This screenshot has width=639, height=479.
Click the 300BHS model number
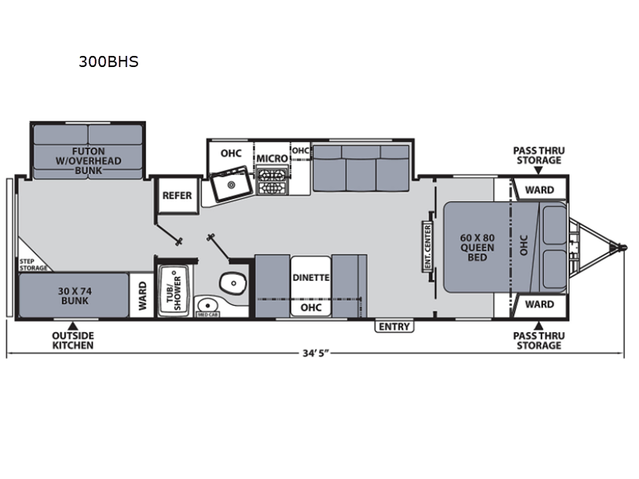[109, 61]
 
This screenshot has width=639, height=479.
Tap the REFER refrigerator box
[177, 196]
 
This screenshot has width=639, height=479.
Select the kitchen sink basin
[231, 184]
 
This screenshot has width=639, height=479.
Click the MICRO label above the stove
[272, 158]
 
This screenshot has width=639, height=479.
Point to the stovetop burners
[272, 181]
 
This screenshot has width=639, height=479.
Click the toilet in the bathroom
[233, 283]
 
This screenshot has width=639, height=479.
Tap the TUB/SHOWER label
[173, 290]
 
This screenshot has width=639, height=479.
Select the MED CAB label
[208, 315]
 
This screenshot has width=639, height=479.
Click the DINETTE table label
[311, 278]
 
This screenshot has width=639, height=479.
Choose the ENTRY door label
[394, 327]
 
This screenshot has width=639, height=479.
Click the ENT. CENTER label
[427, 247]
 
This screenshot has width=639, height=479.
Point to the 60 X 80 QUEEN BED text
[477, 247]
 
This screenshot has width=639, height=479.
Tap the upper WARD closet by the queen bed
[539, 190]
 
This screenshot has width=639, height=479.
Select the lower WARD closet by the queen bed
[539, 304]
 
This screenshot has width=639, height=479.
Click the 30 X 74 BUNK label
[74, 296]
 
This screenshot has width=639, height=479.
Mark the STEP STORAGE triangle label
[33, 264]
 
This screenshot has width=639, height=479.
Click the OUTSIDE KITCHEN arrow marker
[73, 326]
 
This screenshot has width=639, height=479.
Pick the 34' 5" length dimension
[316, 353]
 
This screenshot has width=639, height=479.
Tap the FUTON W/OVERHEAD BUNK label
[89, 160]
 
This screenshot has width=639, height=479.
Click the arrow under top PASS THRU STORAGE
[538, 170]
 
